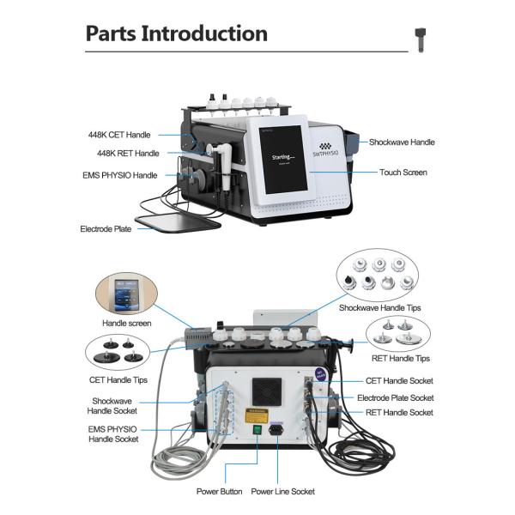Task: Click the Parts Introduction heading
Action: (176, 34)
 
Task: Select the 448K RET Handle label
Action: (128, 154)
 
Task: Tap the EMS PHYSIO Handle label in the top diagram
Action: (119, 175)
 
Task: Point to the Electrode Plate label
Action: (106, 229)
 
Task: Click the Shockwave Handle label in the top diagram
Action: (402, 142)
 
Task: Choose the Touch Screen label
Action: (403, 173)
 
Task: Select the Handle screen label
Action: (127, 324)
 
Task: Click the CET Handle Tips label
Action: (118, 379)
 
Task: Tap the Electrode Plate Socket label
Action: (396, 397)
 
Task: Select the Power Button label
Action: (218, 492)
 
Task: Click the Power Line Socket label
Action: (282, 492)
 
